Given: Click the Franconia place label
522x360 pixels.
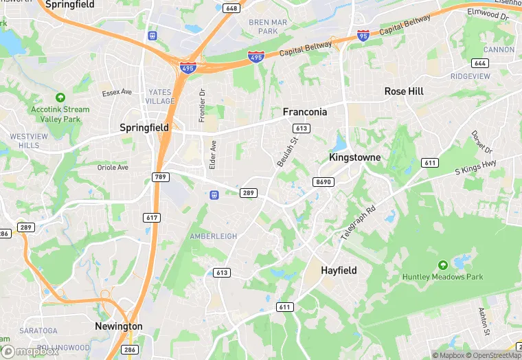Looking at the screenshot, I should click(305, 111).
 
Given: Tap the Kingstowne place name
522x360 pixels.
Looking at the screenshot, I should click(354, 157).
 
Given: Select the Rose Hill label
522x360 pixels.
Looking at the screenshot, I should click(404, 91).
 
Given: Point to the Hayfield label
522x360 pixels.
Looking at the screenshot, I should click(339, 271).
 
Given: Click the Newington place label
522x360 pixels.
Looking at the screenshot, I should click(119, 326).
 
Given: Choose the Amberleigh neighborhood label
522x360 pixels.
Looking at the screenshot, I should click(213, 236).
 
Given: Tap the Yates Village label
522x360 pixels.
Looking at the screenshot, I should click(161, 96).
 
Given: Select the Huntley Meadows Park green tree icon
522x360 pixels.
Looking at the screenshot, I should click(444, 265).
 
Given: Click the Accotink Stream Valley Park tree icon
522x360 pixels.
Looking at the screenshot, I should click(60, 98).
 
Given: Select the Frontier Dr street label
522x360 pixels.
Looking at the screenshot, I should click(202, 105).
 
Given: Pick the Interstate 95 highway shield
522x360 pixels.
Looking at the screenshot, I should click(363, 35).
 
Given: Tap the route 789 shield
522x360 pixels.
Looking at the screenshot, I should click(161, 177).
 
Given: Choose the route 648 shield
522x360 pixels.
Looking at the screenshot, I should click(232, 9).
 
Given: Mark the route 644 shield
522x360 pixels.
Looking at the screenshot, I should click(481, 63).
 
